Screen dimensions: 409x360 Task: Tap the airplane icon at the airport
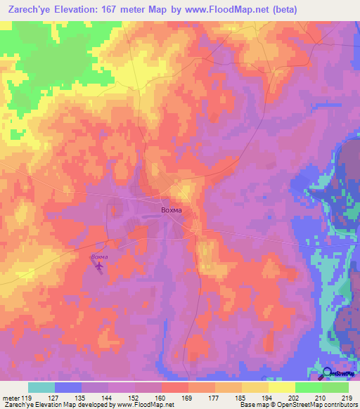click(x=99, y=267)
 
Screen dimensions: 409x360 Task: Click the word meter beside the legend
click(x=11, y=397)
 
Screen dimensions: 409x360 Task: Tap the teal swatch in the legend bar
click(x=41, y=387)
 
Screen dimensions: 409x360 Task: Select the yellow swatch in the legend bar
click(x=281, y=387)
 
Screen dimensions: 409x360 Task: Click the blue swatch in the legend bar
click(x=68, y=387)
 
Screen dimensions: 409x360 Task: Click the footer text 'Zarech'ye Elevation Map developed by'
click(x=51, y=405)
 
